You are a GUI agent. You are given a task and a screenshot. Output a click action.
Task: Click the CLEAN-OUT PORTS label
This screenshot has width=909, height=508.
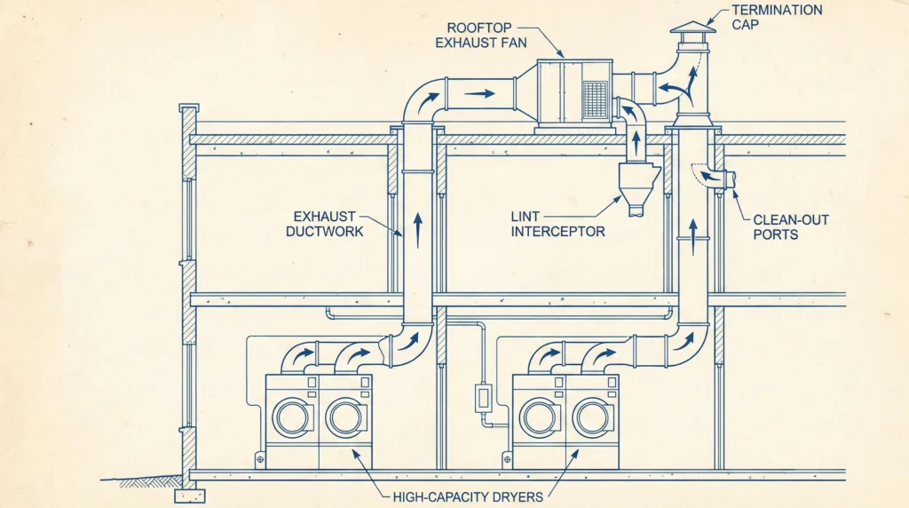coord(790,226)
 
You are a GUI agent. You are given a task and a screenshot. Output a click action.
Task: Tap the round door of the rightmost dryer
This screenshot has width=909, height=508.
coord(592,417)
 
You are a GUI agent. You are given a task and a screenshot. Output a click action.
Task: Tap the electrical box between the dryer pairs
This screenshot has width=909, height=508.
coord(484,396)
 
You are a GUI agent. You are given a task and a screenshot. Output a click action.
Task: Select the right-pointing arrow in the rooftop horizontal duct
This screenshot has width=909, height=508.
coord(479,91)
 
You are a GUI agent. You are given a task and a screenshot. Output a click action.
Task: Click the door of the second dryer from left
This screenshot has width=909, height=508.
coord(344,417)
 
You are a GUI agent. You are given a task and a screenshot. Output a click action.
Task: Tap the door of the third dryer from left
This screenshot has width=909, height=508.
coord(539,417)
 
